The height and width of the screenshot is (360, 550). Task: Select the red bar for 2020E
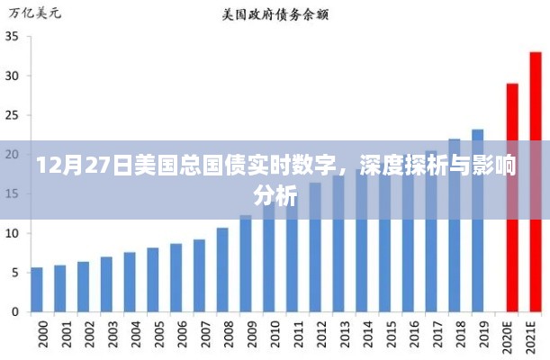pos(512,197)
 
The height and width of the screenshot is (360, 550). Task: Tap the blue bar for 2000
pos(37,289)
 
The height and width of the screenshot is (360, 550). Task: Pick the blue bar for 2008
pos(222,269)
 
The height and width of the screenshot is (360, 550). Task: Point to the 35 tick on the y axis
pos(14,37)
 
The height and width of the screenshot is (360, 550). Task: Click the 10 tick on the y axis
pos(14,233)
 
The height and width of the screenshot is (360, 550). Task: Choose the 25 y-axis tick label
pos(14,115)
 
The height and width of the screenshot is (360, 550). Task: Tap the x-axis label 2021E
pos(536,337)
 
